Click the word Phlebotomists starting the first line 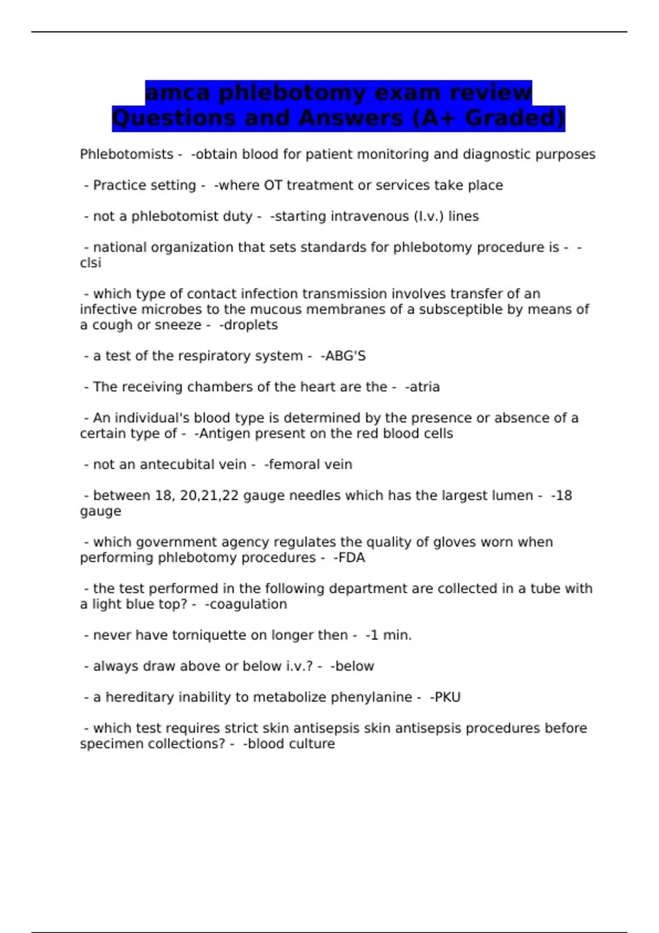(126, 154)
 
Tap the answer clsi (91, 263)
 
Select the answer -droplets (248, 325)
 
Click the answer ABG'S (345, 356)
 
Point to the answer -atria (422, 387)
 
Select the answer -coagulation (245, 604)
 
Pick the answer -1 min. (388, 635)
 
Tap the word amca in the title (178, 93)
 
